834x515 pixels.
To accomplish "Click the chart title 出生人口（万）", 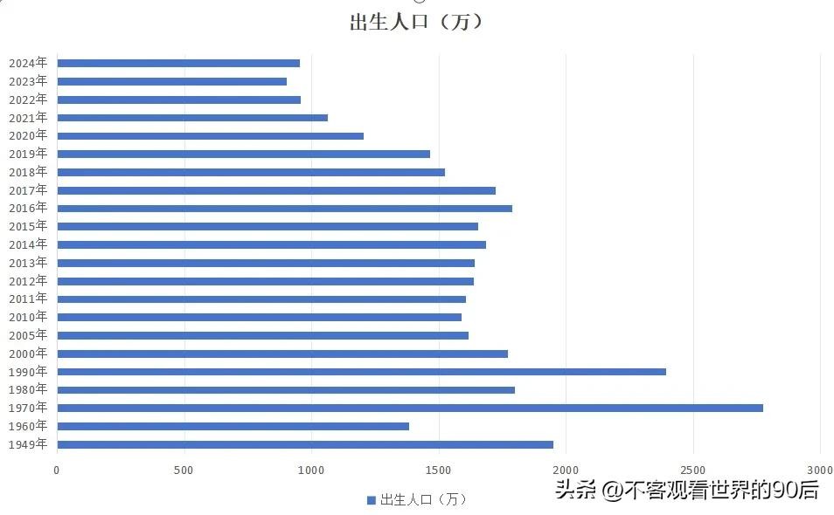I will (x=416, y=23).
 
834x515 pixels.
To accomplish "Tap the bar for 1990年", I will (x=361, y=372).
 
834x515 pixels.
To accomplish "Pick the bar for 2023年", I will (x=171, y=81).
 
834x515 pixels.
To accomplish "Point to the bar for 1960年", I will (x=233, y=426).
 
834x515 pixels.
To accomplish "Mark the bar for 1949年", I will (x=304, y=444).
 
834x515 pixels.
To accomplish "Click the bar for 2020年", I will (x=210, y=136).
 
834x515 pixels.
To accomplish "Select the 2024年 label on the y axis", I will (x=28, y=63).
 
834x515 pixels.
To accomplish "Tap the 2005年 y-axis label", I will (x=28, y=335).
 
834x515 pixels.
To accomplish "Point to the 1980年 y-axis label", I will (x=28, y=389).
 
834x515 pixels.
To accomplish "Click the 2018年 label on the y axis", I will (x=28, y=172).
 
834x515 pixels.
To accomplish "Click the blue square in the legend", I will (x=371, y=500).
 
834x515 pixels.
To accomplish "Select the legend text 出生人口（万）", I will (x=423, y=500).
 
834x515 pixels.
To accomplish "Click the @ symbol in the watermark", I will (x=610, y=491).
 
